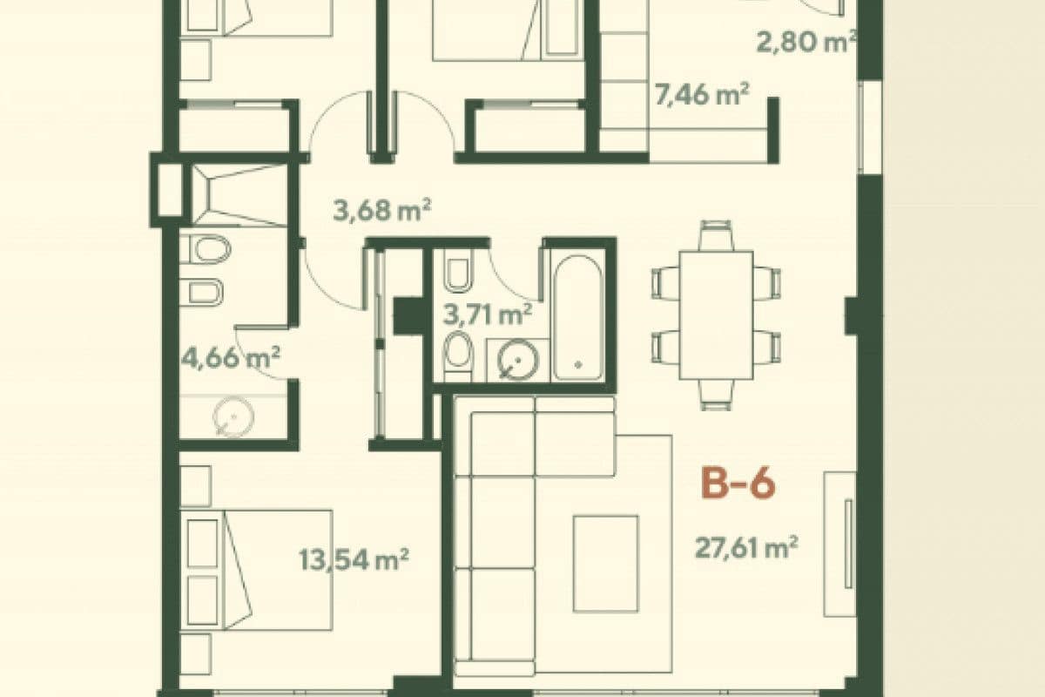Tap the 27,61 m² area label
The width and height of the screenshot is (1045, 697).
point(747,548)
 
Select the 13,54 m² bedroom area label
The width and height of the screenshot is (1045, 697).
point(354,558)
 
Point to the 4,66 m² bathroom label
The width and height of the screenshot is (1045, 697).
point(231,357)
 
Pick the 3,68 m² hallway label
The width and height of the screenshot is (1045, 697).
point(383,209)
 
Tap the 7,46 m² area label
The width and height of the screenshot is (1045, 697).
point(702,94)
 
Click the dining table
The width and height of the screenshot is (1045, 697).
point(716,315)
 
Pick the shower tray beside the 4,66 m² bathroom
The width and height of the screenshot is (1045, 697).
point(238,193)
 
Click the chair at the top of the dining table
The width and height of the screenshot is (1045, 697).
point(716,236)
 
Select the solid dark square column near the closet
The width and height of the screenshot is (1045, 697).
point(407,315)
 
